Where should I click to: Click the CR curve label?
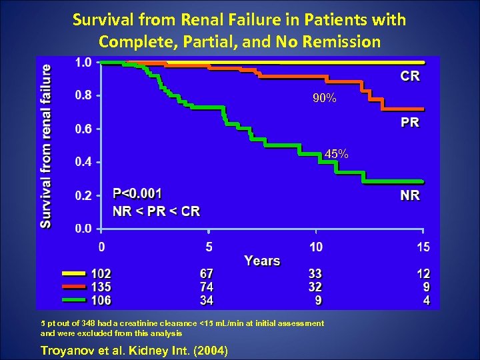(x=410, y=76)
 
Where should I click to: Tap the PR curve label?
(x=410, y=122)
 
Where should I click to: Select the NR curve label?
(x=410, y=195)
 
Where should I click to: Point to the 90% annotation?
(x=325, y=99)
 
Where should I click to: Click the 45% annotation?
(x=336, y=154)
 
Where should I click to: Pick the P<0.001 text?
(x=137, y=193)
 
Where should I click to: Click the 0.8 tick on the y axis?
(x=83, y=95)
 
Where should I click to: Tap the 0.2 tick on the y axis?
(x=83, y=196)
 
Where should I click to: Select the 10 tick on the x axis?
(x=315, y=247)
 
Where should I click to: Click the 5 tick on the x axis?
(x=209, y=247)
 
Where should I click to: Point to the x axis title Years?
(x=262, y=261)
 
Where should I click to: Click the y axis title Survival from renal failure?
(x=46, y=145)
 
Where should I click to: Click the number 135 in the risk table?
(x=101, y=287)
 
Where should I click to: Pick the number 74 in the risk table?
(x=207, y=287)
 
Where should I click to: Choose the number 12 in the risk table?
(x=423, y=273)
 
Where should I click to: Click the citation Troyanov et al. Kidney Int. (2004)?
(x=134, y=350)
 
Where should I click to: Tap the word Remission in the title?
(x=341, y=41)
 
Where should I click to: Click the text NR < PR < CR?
(x=157, y=211)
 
